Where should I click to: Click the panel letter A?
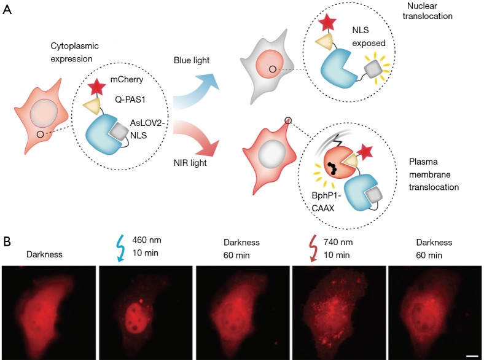(8, 10)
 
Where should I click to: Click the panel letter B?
(8, 240)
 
